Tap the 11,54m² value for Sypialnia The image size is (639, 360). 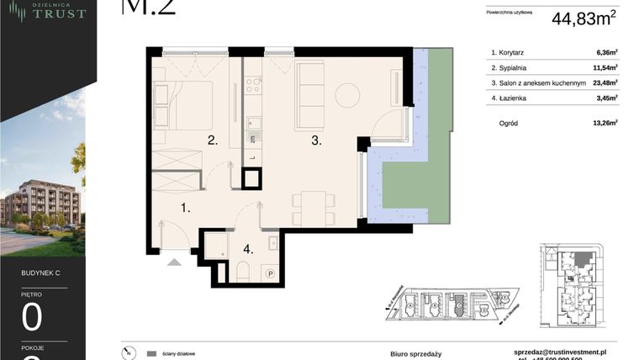pos(605,67)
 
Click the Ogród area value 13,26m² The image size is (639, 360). pos(605,122)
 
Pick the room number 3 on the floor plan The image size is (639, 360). pos(316,141)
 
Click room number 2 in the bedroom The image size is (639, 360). pos(214,141)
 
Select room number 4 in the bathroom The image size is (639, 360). pos(247,249)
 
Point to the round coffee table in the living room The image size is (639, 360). pos(346,95)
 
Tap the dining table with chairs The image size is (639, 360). pos(309,204)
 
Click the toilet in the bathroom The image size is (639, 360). pos(242,270)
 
